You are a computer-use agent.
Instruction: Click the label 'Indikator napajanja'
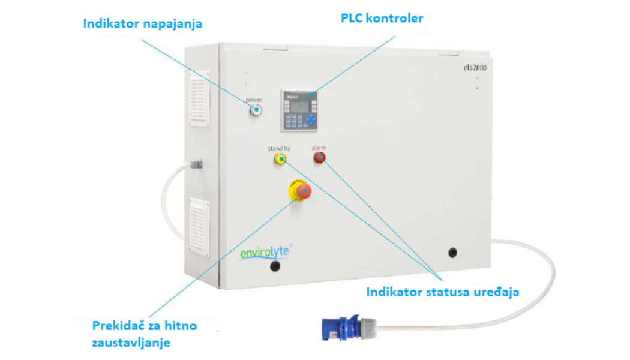pyautogui.click(x=143, y=24)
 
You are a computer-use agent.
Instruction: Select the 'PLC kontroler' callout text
pyautogui.click(x=382, y=18)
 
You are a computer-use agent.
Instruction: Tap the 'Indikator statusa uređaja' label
pyautogui.click(x=442, y=292)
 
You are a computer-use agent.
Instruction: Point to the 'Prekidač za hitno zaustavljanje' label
pyautogui.click(x=145, y=334)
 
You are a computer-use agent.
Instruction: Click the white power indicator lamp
pyautogui.click(x=256, y=110)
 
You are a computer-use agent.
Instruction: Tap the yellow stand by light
pyautogui.click(x=280, y=158)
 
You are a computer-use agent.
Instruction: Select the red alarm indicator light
pyautogui.click(x=319, y=158)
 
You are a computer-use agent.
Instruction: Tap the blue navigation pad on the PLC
pyautogui.click(x=310, y=121)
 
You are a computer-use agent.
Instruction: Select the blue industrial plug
pyautogui.click(x=343, y=328)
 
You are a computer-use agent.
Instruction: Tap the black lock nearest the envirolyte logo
pyautogui.click(x=275, y=266)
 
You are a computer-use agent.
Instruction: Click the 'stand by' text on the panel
pyautogui.click(x=279, y=147)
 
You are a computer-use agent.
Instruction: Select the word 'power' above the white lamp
pyautogui.click(x=254, y=100)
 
